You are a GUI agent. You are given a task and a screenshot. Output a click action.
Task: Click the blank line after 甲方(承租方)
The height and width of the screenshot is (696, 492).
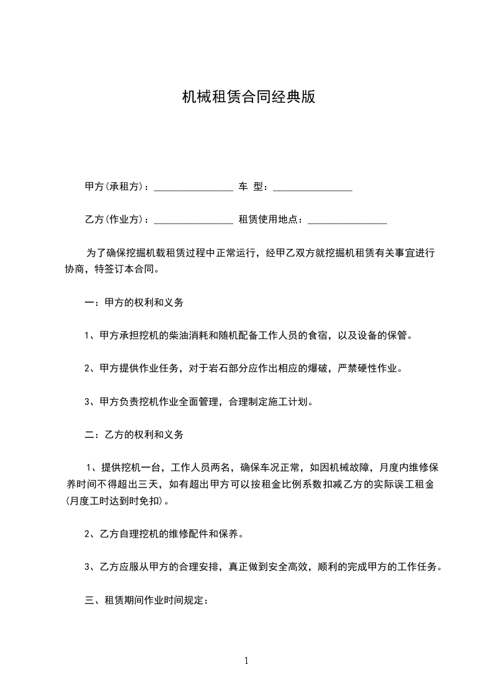tap(193, 188)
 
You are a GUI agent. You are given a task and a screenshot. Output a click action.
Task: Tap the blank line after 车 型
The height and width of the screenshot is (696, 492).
tap(313, 188)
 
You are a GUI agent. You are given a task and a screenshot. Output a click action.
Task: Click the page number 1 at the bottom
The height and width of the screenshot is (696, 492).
tap(246, 661)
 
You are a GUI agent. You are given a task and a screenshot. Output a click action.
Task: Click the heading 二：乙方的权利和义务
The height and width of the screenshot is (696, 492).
tap(134, 434)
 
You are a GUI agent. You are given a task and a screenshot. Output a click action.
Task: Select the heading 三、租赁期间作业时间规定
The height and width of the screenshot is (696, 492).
tap(150, 600)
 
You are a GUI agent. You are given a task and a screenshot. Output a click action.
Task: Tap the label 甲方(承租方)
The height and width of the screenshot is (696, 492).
tap(116, 187)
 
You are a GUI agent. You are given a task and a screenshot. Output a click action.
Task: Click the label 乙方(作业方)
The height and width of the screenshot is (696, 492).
tap(116, 220)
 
